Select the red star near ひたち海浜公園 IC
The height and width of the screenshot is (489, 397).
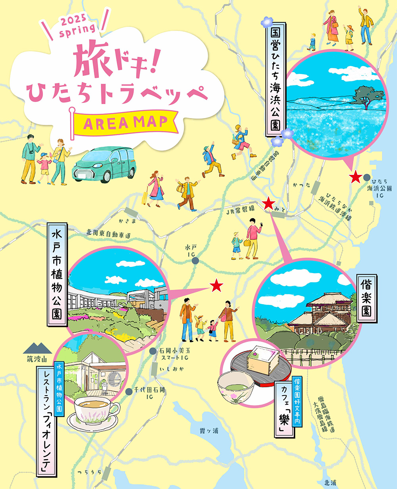point(355,177)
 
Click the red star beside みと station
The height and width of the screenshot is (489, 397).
point(269,204)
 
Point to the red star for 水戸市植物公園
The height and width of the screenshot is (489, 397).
point(217,285)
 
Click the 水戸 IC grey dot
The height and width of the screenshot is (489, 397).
point(195,260)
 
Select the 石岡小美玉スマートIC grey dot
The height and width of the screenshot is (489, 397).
point(152,351)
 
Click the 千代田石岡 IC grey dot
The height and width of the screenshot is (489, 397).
point(128,392)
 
